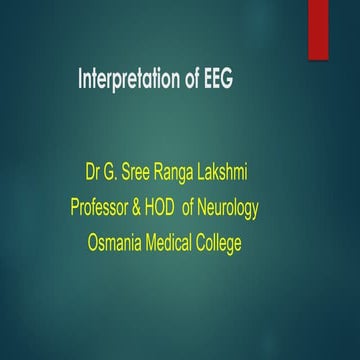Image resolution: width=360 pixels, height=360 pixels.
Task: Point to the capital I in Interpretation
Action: [x=80, y=80]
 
